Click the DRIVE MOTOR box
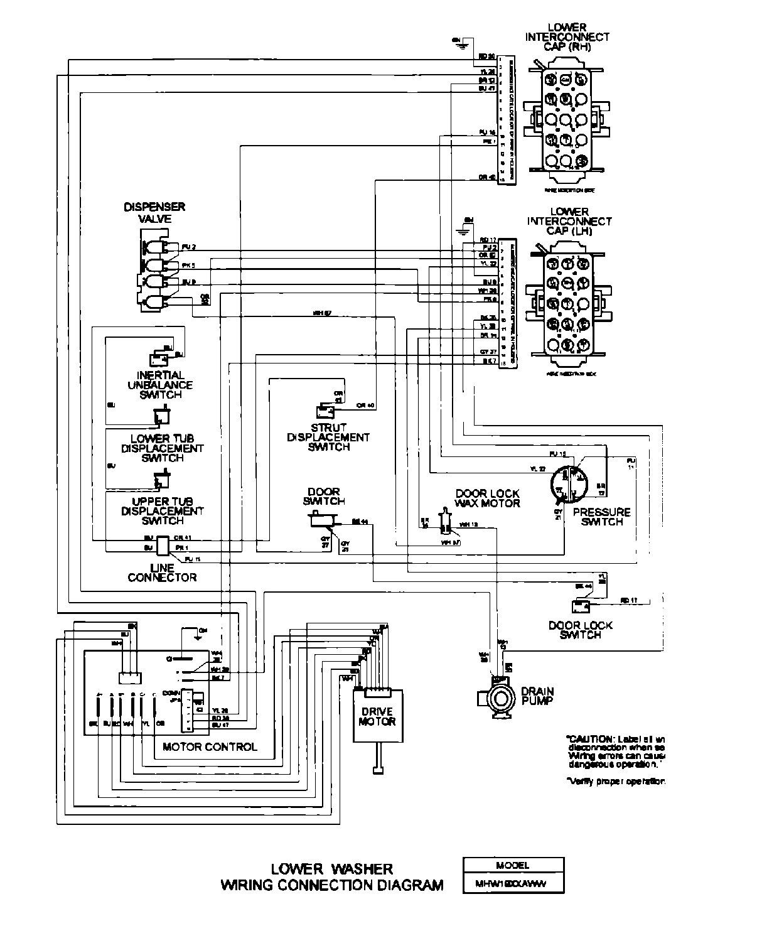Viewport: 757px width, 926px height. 377,716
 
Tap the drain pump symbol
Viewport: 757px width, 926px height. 500,697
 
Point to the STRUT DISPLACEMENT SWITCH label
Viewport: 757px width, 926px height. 328,437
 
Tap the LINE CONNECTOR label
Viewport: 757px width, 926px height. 162,573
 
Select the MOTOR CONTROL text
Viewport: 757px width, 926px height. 210,746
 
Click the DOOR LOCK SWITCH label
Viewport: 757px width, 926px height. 580,630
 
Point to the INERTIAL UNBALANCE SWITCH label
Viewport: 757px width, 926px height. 160,385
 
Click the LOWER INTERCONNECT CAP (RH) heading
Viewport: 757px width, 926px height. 567,36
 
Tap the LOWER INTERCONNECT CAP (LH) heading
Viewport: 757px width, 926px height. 569,221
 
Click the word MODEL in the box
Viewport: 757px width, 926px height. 512,864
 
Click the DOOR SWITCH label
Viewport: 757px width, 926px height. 324,496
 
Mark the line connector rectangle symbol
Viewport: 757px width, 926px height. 162,545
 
